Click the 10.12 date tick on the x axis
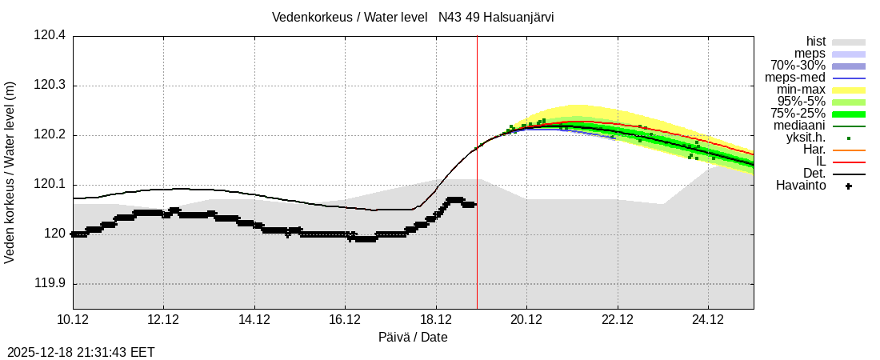coord(73,320)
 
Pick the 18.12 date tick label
coord(436,320)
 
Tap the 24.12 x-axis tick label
coord(708,320)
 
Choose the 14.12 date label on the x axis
coord(254,320)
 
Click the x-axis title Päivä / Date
coord(413,338)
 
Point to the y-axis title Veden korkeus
coord(10,172)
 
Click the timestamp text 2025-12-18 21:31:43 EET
coord(81,352)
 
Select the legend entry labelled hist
coord(815,42)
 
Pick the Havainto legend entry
coord(801,186)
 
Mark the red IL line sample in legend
coord(848,162)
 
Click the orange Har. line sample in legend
coord(848,150)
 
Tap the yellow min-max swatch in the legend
coord(848,90)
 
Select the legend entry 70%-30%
coord(798,66)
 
